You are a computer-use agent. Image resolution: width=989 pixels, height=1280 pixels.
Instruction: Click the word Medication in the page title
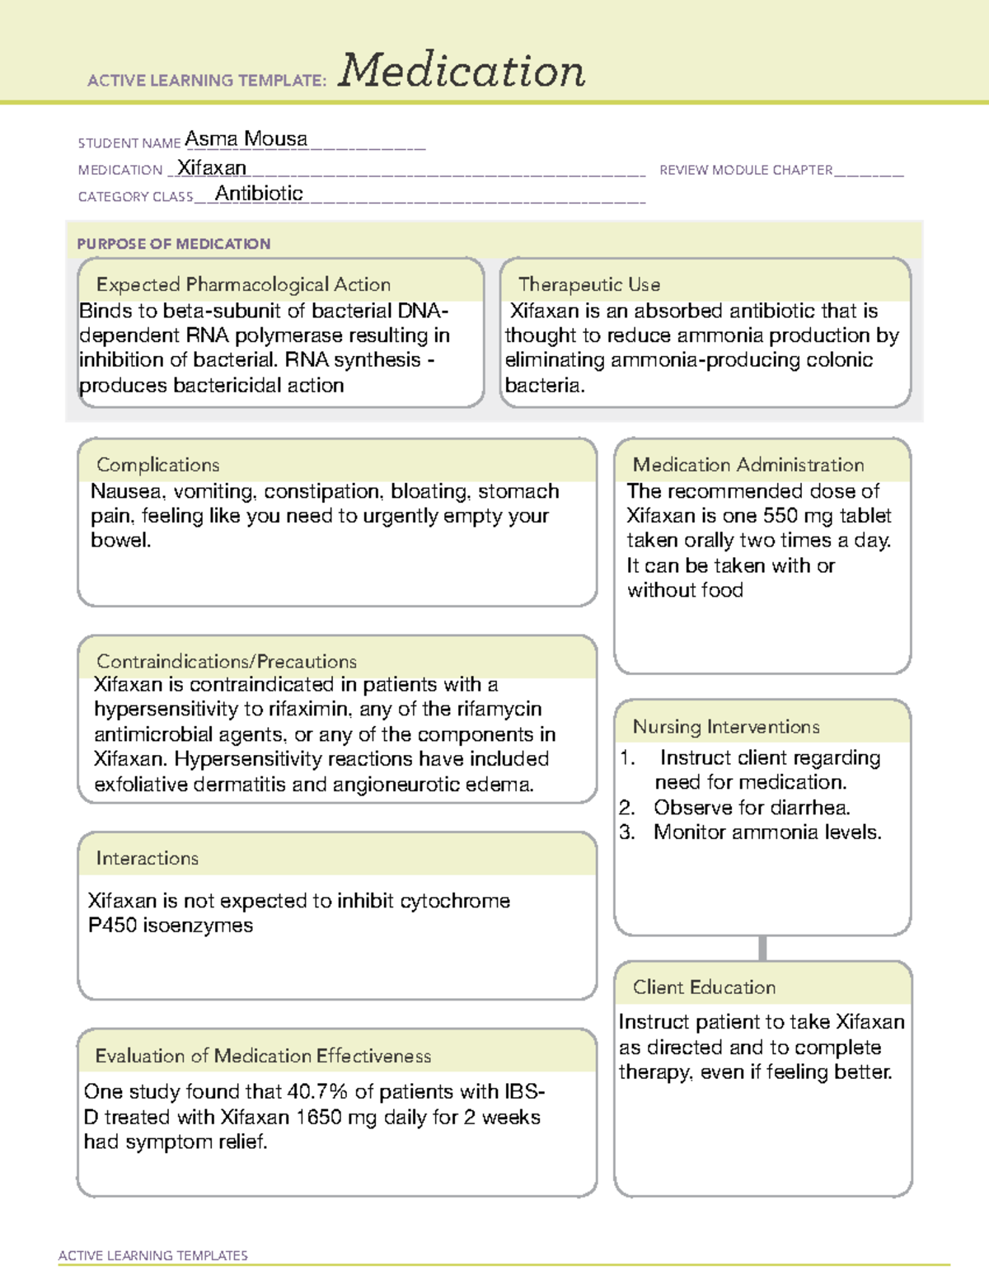pyautogui.click(x=462, y=71)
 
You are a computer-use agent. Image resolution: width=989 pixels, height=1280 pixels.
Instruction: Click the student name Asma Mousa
pyautogui.click(x=246, y=139)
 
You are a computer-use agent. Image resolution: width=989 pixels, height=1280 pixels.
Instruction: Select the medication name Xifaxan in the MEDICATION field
pyautogui.click(x=212, y=168)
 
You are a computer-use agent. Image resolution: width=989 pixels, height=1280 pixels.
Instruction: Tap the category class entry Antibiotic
pyautogui.click(x=259, y=194)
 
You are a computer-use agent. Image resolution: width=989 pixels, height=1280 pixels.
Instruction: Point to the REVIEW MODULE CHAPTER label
pyautogui.click(x=746, y=170)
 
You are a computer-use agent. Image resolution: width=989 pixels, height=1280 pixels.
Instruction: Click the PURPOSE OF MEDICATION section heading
pyautogui.click(x=173, y=244)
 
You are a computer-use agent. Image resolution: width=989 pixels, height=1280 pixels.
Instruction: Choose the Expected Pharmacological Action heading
pyautogui.click(x=243, y=284)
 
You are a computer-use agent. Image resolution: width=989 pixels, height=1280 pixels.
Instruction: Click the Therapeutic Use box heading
pyautogui.click(x=588, y=284)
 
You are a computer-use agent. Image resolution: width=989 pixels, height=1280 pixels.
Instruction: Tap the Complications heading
pyautogui.click(x=157, y=465)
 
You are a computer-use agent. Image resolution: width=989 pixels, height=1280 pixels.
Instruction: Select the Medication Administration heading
pyautogui.click(x=748, y=465)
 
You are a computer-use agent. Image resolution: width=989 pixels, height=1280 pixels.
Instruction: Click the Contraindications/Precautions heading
pyautogui.click(x=226, y=661)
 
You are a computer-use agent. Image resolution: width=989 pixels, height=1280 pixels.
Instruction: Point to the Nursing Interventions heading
pyautogui.click(x=725, y=727)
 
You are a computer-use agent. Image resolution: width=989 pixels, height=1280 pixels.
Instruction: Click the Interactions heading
pyautogui.click(x=147, y=859)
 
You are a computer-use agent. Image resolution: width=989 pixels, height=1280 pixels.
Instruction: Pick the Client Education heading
pyautogui.click(x=704, y=987)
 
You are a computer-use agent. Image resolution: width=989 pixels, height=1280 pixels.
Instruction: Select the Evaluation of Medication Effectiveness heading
pyautogui.click(x=263, y=1056)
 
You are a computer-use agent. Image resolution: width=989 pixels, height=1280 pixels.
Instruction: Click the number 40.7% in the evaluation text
pyautogui.click(x=317, y=1092)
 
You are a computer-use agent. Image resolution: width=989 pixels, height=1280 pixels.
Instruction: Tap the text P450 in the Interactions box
pyautogui.click(x=112, y=926)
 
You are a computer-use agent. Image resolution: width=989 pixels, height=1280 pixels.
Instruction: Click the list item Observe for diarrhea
pyautogui.click(x=751, y=808)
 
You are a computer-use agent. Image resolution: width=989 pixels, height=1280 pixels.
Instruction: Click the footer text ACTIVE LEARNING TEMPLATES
pyautogui.click(x=152, y=1255)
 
